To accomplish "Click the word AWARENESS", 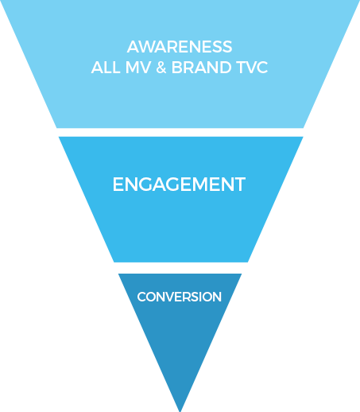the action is tap(180, 47).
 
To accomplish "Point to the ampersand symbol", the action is tap(161, 68).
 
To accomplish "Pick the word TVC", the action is tap(253, 68).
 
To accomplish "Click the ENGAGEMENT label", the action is tap(179, 185).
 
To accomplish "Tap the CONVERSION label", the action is tap(180, 297).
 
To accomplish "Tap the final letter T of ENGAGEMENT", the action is tap(239, 185).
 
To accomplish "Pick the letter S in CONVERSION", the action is tap(195, 297).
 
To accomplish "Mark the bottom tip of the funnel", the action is tap(180, 411).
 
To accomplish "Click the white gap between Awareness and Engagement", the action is tap(180, 132).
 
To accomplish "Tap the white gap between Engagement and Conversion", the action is tap(180, 268).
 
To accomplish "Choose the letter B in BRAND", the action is tap(177, 68).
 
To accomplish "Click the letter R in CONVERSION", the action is tap(187, 297).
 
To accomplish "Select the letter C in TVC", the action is tap(261, 68).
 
